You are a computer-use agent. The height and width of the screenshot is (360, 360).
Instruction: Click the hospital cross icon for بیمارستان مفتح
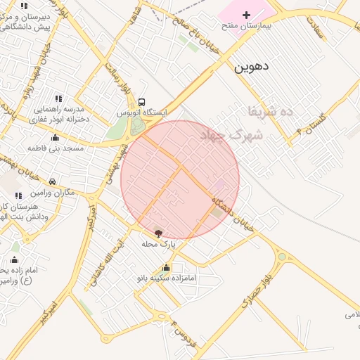246,15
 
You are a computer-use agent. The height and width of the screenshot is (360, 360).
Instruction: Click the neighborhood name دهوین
251,67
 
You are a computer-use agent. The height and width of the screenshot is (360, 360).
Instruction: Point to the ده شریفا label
268,111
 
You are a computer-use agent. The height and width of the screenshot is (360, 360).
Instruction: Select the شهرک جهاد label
231,134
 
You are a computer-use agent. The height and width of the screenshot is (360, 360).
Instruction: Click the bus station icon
143,102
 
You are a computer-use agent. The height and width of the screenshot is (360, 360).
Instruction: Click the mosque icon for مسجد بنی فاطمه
56,138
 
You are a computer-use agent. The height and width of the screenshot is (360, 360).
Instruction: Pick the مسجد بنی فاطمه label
56,148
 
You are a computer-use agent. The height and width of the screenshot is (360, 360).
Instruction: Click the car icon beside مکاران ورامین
52,181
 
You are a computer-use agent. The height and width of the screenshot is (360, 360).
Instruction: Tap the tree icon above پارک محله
157,233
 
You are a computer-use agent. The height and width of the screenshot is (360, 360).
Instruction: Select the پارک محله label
158,244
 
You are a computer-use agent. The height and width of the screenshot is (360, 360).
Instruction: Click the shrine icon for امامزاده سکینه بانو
166,267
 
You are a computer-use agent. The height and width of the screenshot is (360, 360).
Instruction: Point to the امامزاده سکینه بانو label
169,278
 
